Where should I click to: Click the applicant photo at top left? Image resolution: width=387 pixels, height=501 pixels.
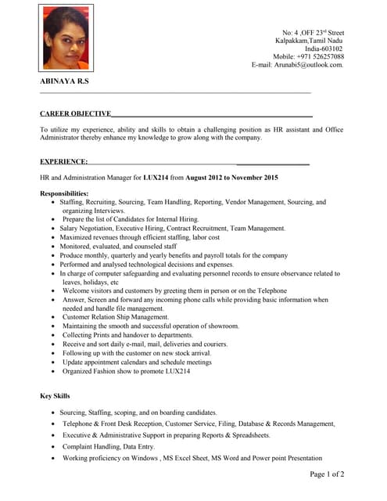click(x=66, y=38)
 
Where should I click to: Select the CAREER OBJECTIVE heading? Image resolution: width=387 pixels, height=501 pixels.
click(x=75, y=114)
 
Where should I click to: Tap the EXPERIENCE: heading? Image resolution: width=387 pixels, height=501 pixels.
click(x=65, y=161)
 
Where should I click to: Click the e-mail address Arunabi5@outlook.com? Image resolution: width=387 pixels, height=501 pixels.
click(x=297, y=65)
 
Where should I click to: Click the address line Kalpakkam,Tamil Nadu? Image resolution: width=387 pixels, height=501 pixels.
click(x=309, y=39)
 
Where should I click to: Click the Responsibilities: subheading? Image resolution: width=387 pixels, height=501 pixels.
click(x=64, y=193)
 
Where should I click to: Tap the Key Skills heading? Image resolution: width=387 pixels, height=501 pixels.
click(x=55, y=396)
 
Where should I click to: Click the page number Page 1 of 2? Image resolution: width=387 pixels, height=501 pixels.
click(x=327, y=474)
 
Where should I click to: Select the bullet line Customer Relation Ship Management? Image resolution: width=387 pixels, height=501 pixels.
click(x=116, y=317)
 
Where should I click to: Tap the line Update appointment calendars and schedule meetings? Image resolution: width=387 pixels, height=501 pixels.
click(x=137, y=362)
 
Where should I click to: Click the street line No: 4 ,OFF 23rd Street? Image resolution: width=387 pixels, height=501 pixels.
click(x=313, y=31)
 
